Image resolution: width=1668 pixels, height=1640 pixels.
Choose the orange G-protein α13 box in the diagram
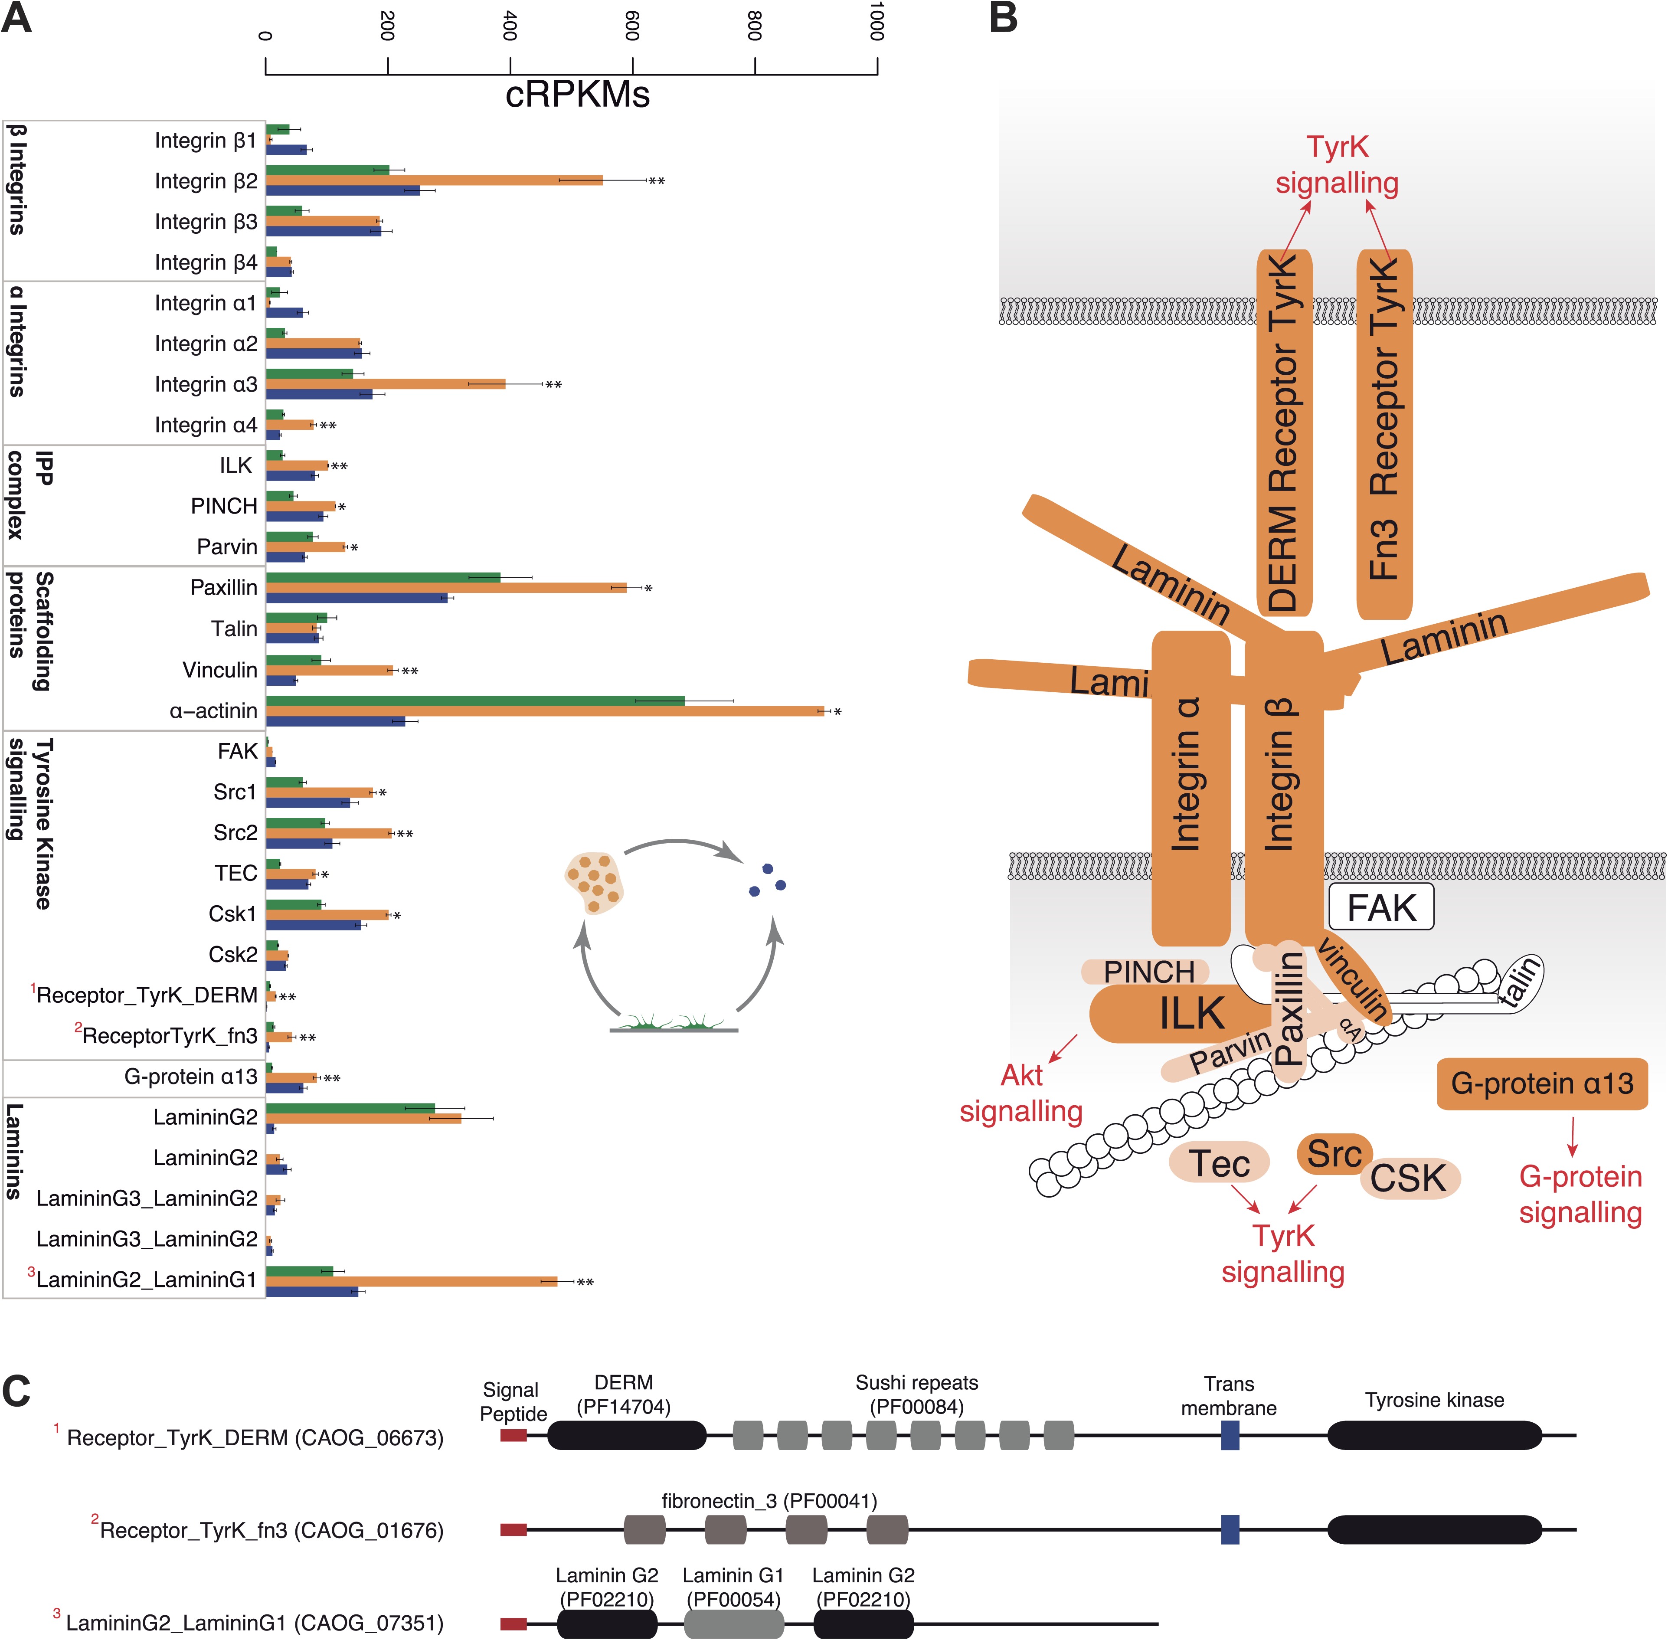point(1541,1084)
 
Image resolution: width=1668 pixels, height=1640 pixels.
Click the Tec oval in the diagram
point(1219,1163)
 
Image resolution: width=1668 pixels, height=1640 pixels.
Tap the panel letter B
point(1003,19)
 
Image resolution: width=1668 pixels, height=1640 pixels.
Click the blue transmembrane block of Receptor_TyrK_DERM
point(1230,1435)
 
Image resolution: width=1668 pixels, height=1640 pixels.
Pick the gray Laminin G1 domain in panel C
point(734,1624)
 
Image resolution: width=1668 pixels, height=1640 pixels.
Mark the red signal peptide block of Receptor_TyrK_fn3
point(513,1530)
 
